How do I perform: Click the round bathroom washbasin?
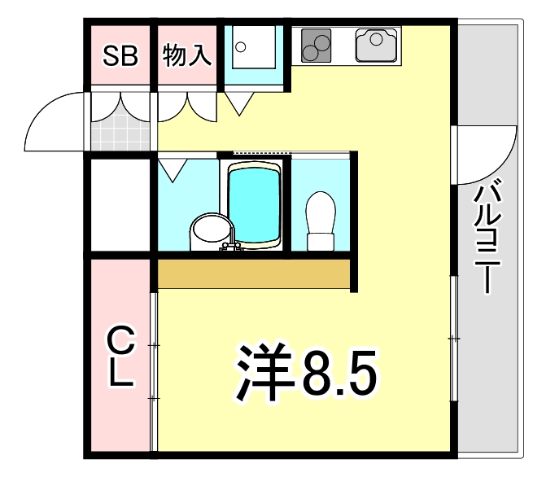[207, 232]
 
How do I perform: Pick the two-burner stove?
[316, 45]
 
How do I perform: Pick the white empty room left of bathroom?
[120, 203]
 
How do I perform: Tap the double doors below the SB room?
[120, 106]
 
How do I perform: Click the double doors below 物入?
[188, 106]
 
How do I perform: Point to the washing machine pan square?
[254, 54]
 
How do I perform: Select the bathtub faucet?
[232, 247]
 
